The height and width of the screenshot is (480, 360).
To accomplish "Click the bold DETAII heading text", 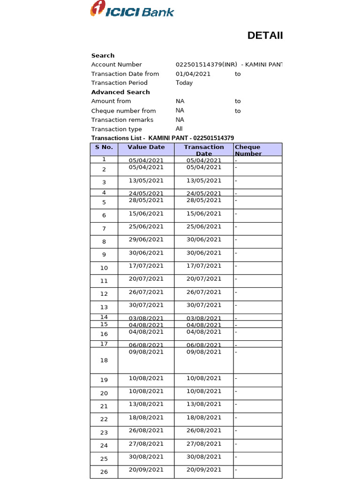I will pos(265,36).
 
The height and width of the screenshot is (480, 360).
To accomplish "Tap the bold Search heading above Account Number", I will pos(103,55).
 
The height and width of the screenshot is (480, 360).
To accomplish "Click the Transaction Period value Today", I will pos(184,83).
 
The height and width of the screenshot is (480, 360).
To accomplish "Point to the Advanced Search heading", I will pos(120,92).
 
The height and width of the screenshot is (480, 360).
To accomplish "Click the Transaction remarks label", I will pos(122,120).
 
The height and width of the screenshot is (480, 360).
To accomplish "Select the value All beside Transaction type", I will pos(179,129).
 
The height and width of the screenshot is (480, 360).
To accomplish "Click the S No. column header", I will pos(104,147).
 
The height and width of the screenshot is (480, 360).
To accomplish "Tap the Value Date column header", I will pos(146,147).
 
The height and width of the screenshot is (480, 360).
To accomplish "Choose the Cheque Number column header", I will pos(248,150).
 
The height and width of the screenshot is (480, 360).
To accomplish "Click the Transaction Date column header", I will pos(204,150).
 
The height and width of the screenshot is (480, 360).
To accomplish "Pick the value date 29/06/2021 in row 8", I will pos(146,240).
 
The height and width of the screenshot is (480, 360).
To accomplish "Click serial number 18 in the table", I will pos(104,360).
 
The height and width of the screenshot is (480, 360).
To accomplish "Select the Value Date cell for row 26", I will pos(146,470).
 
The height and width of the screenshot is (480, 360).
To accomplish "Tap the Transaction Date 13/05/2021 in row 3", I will pos(204,180).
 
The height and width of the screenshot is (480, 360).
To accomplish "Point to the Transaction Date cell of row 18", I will pos(204,352).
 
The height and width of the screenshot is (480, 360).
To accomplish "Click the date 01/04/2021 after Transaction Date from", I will pos(193,74).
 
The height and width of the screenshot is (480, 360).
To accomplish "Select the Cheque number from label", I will pos(123,111).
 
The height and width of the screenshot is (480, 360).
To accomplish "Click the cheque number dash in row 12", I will pos(236,292).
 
